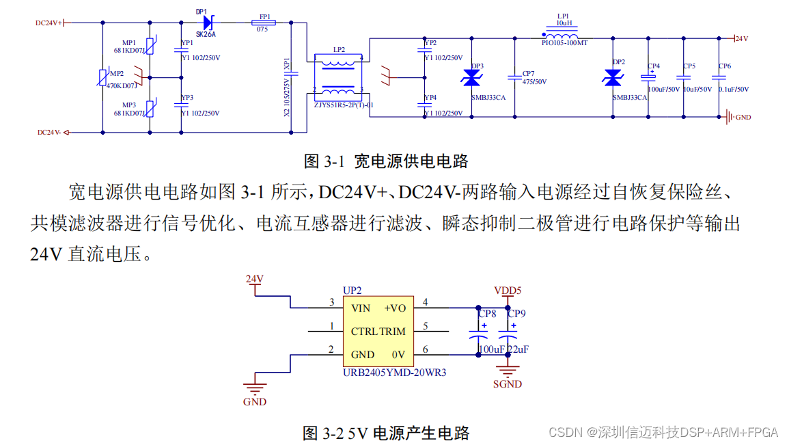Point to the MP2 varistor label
117,73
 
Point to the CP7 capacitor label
528,73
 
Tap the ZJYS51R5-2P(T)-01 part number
344,105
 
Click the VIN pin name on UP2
361,308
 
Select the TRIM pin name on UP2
393,332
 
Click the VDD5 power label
508,291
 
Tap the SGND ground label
508,384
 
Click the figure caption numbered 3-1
386,161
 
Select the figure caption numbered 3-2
386,433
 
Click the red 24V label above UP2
255,279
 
